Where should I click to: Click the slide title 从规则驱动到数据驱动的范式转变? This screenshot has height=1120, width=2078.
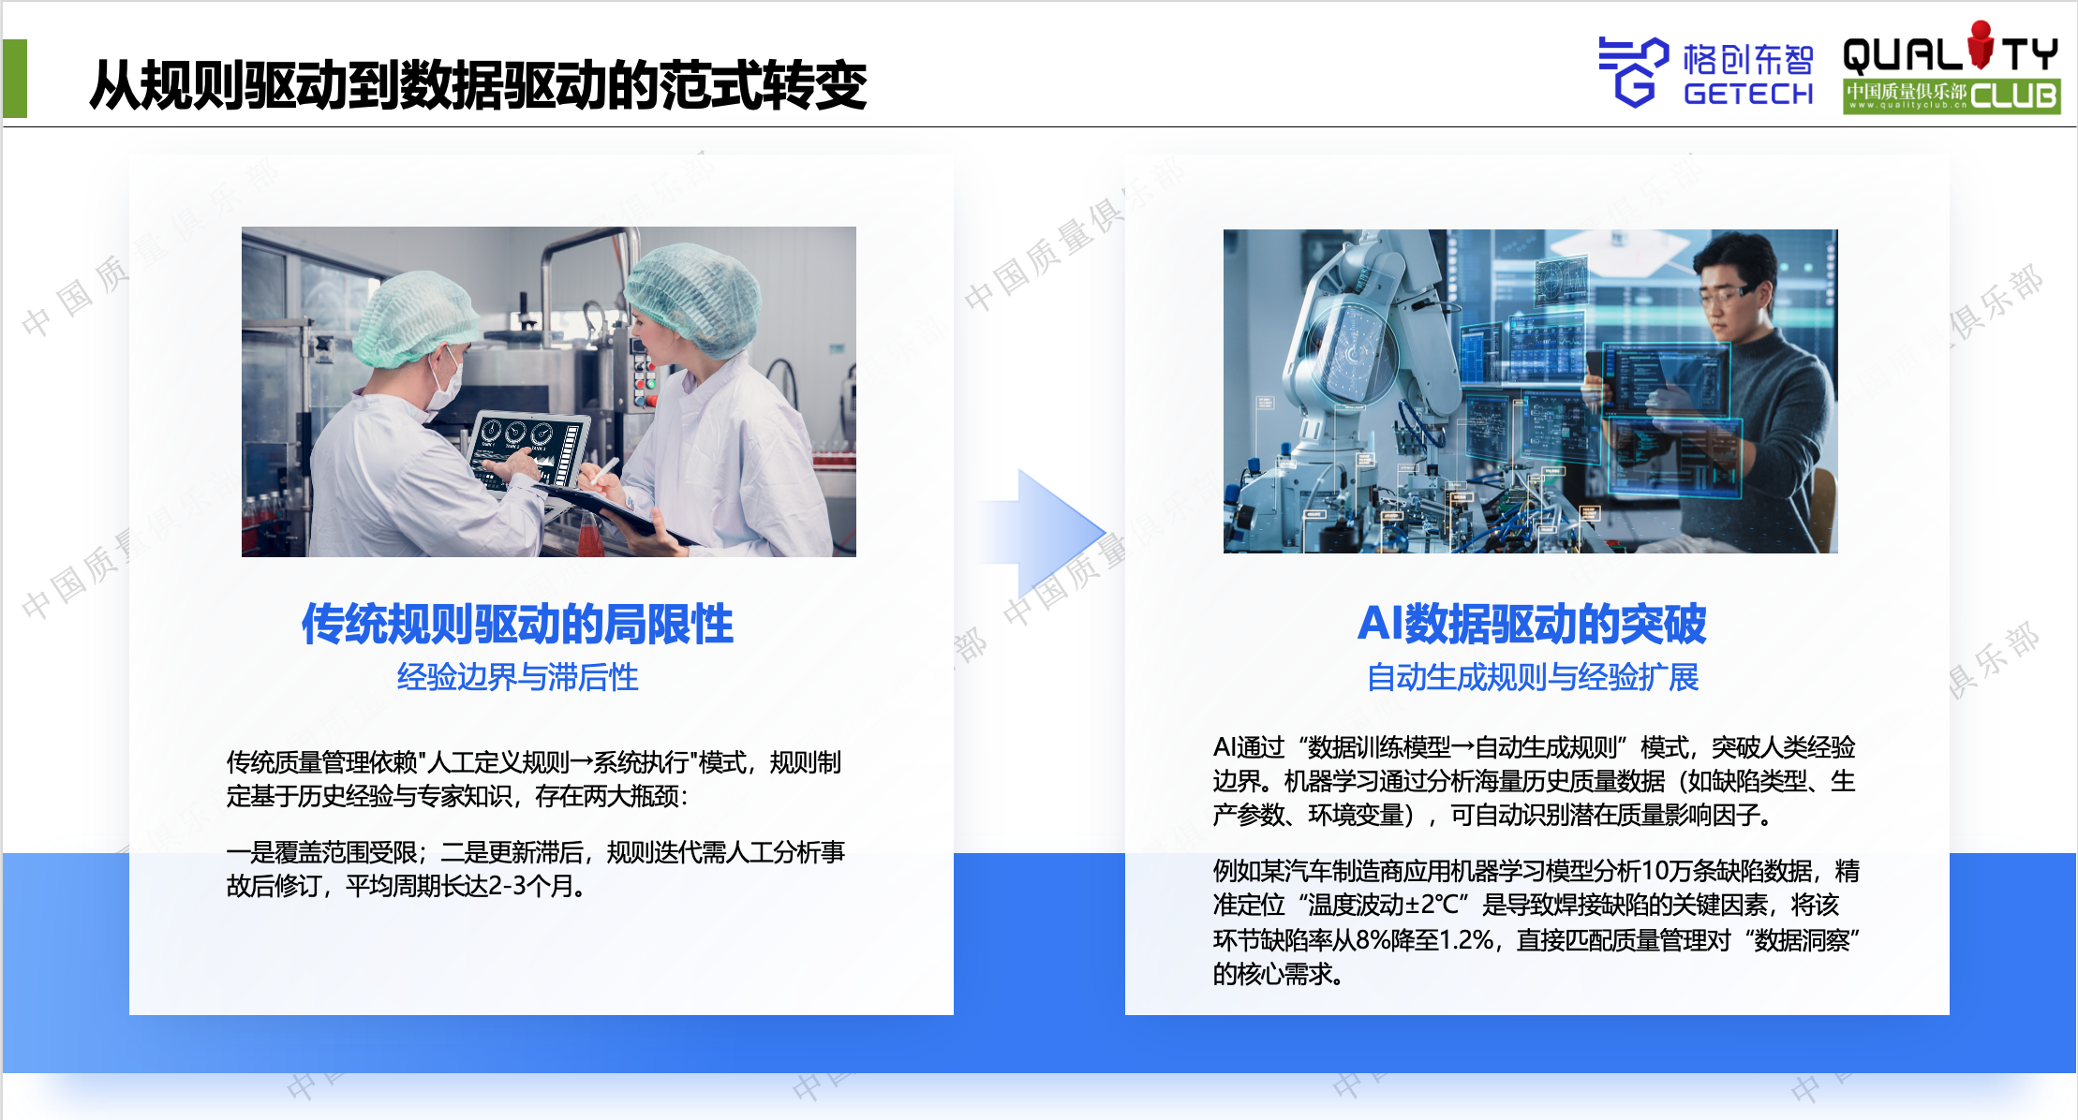point(478,85)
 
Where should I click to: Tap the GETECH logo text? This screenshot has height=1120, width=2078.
point(1748,94)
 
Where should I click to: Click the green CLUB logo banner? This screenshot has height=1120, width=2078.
point(1952,96)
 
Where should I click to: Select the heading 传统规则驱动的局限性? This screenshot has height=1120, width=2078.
point(517,624)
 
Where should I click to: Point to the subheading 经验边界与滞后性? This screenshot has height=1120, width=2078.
point(517,677)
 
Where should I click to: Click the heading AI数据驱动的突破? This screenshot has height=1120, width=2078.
point(1532,624)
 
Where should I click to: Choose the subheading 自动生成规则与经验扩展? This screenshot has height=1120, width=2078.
point(1532,677)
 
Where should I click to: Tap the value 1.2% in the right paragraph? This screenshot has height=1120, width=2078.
point(1467,939)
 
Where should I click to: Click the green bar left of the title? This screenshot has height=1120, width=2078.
point(15,79)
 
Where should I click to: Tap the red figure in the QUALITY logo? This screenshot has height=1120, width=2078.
point(1981,44)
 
